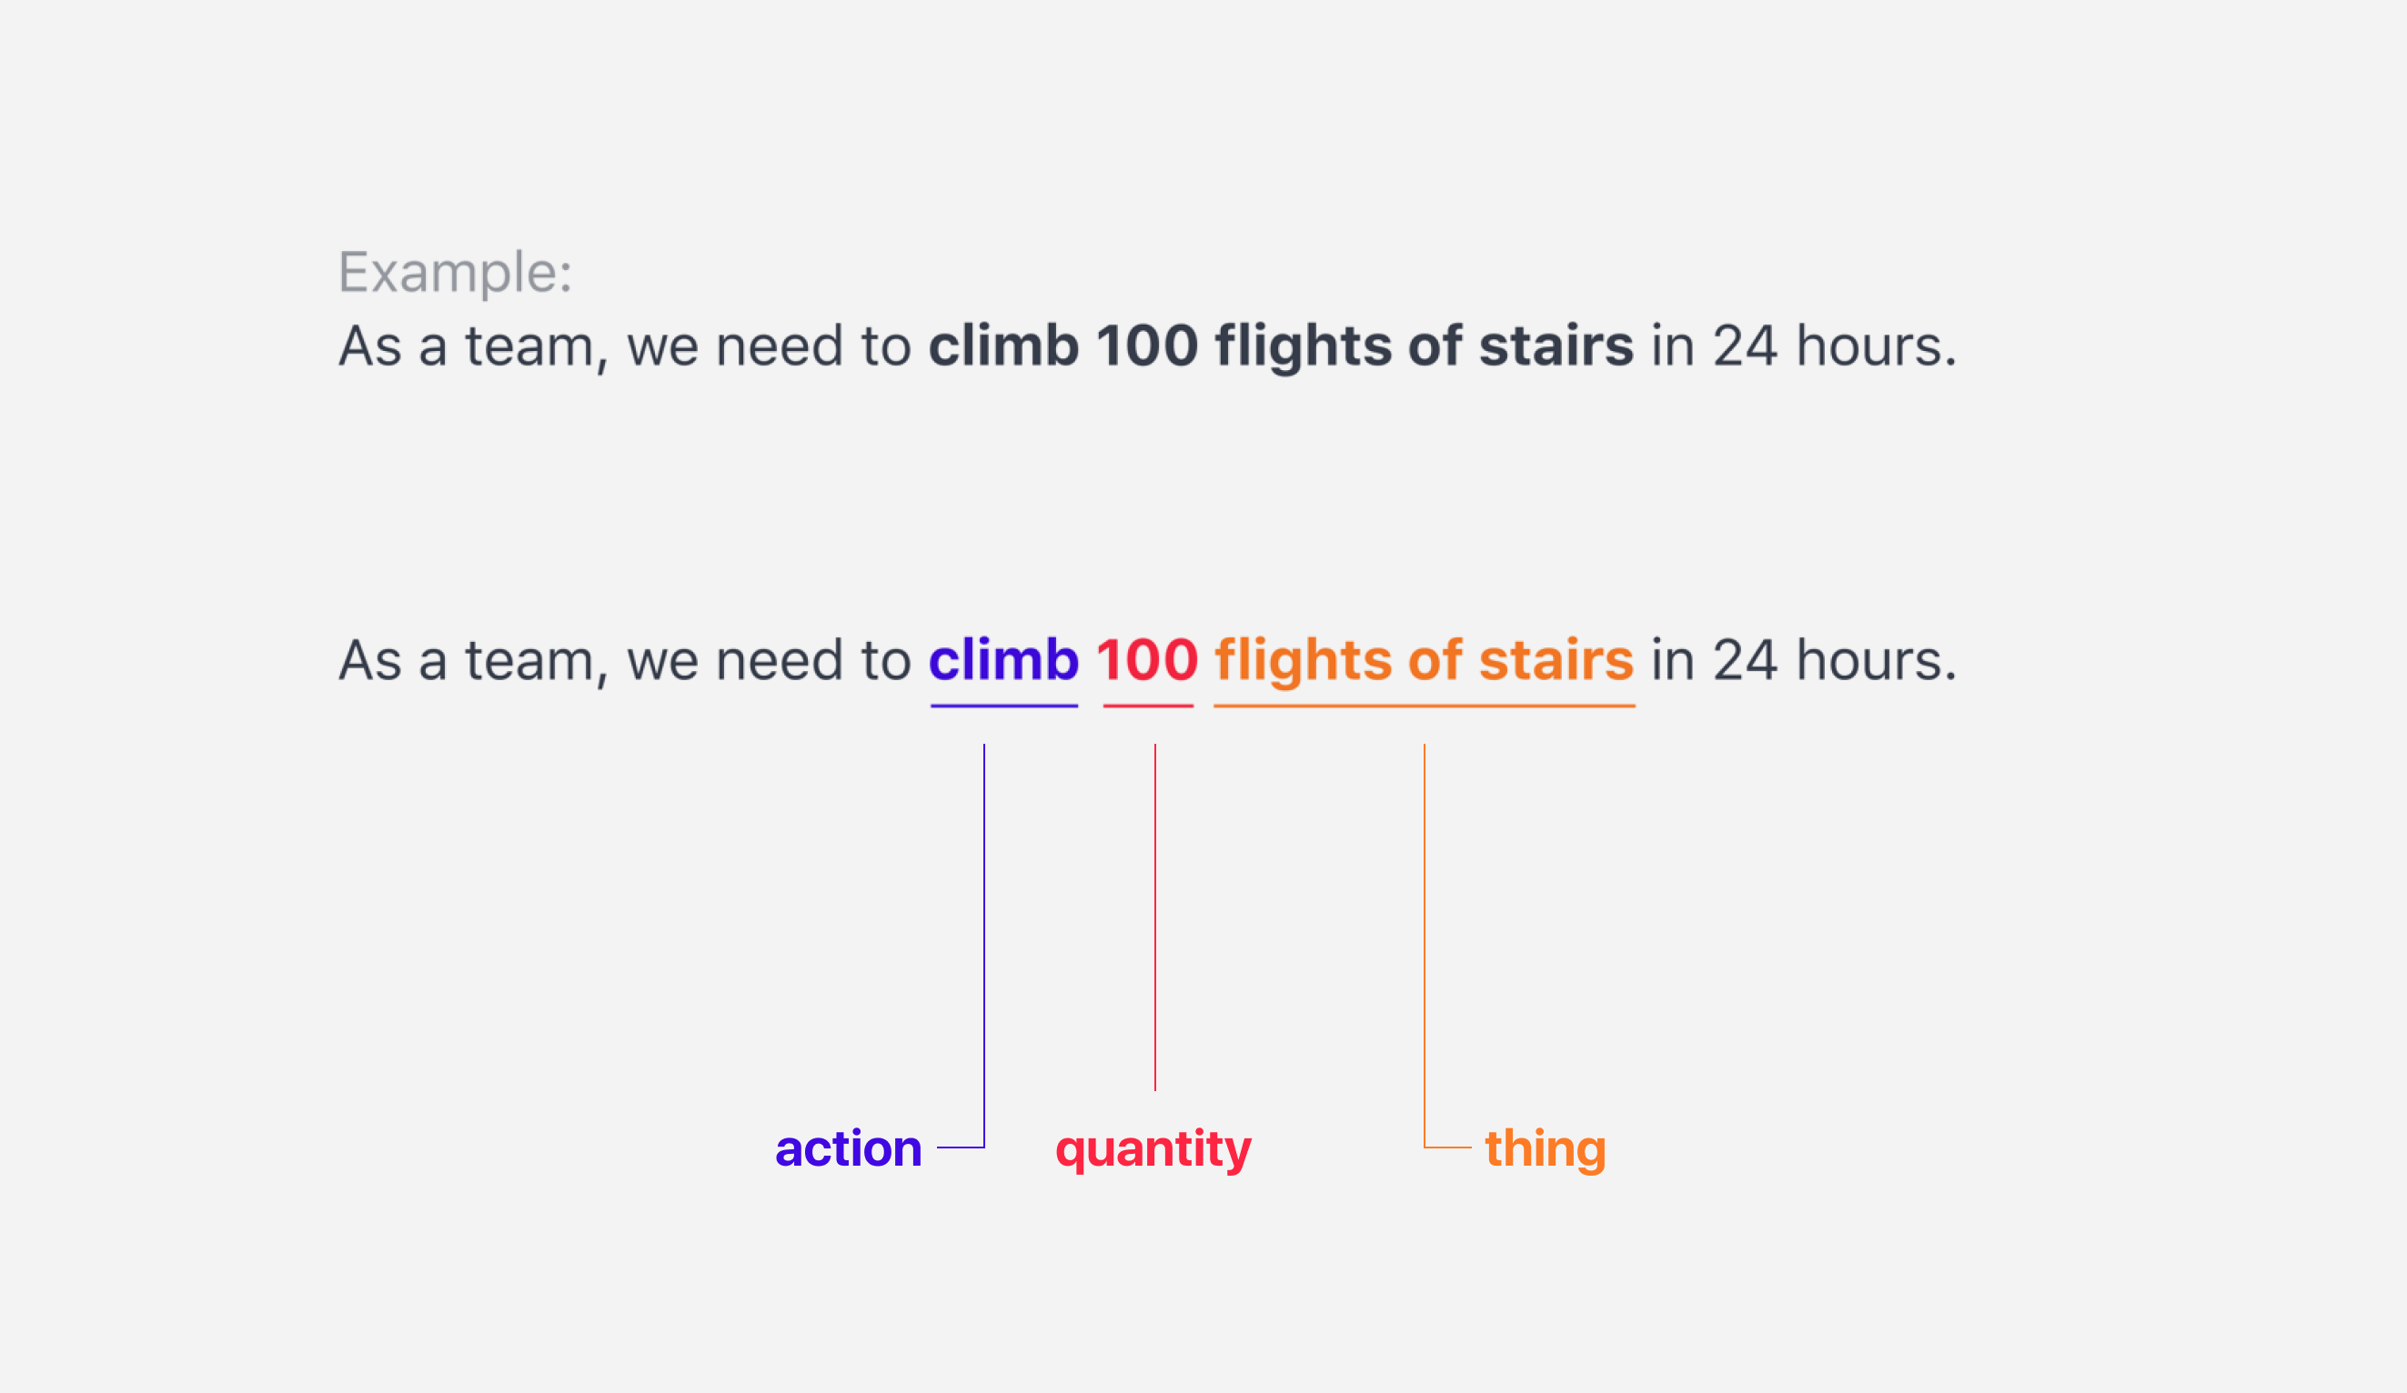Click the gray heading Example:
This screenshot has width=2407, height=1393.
[x=456, y=273]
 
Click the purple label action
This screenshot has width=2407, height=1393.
[x=848, y=1148]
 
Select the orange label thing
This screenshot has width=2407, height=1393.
[x=1546, y=1150]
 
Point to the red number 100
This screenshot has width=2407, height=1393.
[x=1147, y=661]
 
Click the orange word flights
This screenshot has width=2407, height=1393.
[x=1303, y=663]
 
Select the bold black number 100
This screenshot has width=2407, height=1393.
[x=1147, y=346]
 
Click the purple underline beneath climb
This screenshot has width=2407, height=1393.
[x=1004, y=707]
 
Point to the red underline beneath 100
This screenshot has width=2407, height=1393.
[x=1148, y=707]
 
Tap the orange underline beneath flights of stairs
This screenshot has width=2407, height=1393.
[x=1425, y=707]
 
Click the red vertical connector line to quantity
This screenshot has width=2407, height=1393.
[x=1154, y=917]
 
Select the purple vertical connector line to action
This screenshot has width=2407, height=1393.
[x=984, y=946]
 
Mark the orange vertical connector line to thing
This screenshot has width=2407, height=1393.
[x=1425, y=946]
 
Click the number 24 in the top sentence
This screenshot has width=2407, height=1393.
[x=1745, y=346]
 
